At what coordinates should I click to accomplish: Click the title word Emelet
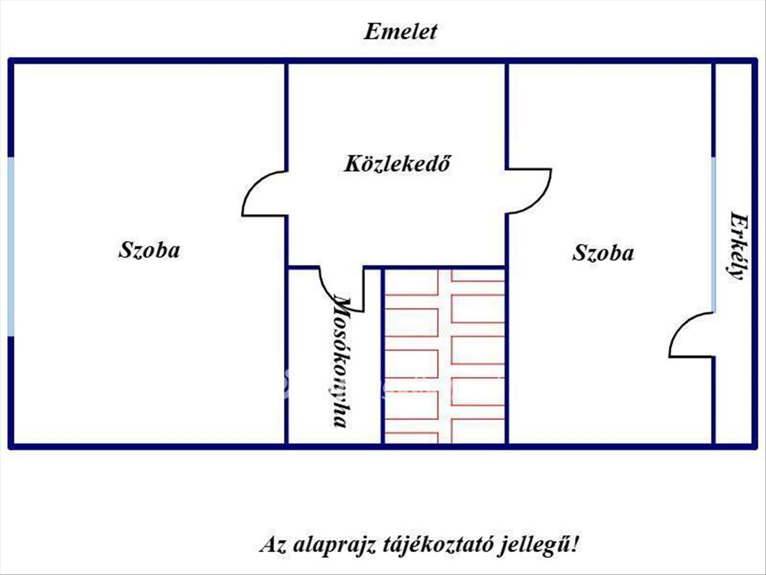(400, 32)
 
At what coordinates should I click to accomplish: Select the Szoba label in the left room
(149, 250)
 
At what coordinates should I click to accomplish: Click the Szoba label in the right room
(603, 253)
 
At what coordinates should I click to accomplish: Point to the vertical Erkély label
(738, 246)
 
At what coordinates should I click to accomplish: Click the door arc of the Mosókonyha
(335, 291)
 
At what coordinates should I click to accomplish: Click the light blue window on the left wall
(11, 246)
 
